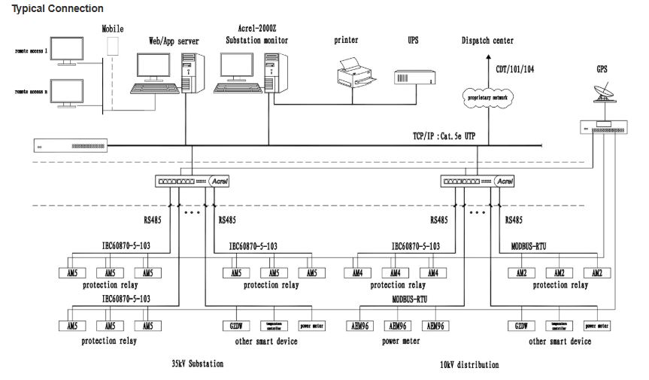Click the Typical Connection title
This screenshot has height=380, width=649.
coord(57,8)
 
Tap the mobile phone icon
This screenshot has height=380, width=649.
coord(113,45)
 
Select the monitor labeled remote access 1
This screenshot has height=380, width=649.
coord(66,50)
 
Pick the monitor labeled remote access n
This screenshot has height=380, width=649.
coord(66,92)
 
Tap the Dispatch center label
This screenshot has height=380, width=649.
coord(487,41)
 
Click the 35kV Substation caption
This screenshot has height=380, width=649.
coord(197,363)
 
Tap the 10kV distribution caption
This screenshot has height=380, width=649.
coord(469,364)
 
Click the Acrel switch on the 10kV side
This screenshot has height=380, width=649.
coord(478,181)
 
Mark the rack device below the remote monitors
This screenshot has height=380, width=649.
coord(72,144)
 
